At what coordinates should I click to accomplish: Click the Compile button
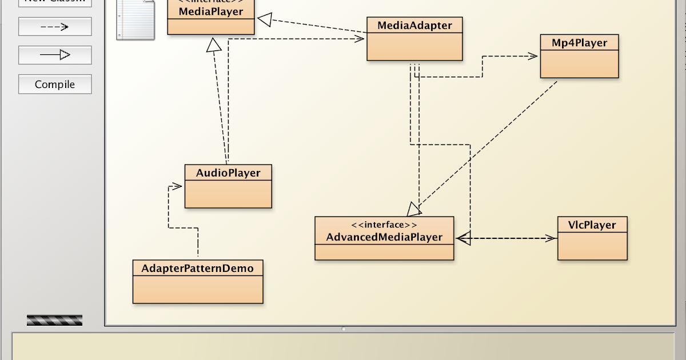[55, 85]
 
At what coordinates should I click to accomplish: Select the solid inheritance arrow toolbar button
[55, 55]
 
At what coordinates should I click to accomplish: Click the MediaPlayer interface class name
[210, 11]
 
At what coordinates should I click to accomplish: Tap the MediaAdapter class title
[414, 25]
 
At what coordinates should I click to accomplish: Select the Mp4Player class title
[579, 43]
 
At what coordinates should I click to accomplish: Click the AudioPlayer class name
[228, 173]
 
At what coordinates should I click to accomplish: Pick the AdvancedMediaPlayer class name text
[384, 237]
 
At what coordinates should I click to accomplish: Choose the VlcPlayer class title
[592, 225]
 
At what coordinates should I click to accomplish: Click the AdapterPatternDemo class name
[198, 268]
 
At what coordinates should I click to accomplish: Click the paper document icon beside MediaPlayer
[135, 20]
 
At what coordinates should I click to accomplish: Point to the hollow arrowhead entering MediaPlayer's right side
[264, 20]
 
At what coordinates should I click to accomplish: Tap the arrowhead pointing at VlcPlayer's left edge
[551, 238]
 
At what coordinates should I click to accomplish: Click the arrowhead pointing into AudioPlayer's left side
[177, 186]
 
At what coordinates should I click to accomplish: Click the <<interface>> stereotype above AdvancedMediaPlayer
[384, 225]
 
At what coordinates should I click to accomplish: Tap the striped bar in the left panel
[54, 320]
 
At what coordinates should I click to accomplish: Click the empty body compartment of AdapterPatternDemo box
[198, 289]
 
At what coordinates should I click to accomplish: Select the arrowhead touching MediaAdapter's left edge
[360, 38]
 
